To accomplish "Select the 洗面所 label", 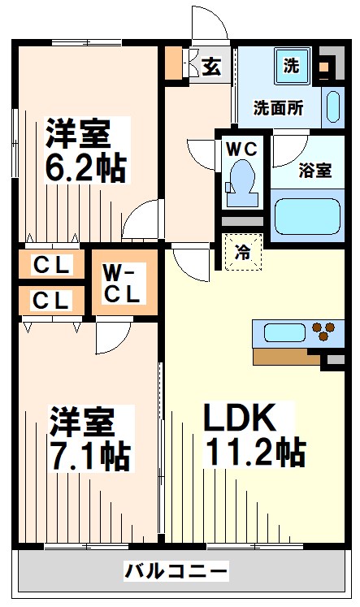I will (x=278, y=107).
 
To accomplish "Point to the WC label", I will (x=241, y=149).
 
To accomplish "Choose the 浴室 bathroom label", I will (x=314, y=171).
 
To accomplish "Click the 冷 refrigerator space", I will (x=243, y=252).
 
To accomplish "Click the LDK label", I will (x=236, y=418).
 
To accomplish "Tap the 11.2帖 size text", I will (x=254, y=451).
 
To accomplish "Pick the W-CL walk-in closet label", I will (x=120, y=282).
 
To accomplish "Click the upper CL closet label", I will (x=52, y=264).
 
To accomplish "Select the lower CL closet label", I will (x=52, y=300).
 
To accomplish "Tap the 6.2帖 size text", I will (x=85, y=167).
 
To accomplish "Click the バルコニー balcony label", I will (x=176, y=572).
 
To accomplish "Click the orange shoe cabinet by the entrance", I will (x=173, y=64).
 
